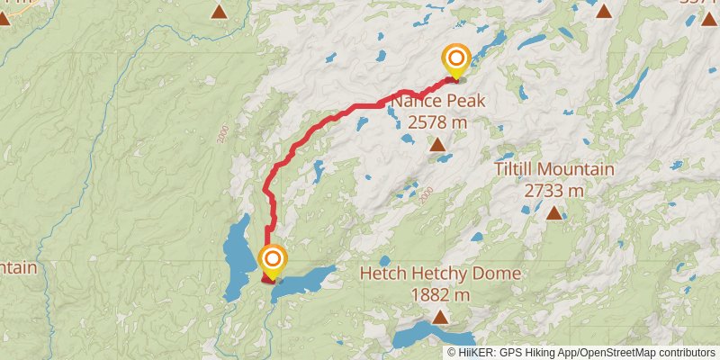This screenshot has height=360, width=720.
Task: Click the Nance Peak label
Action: click(437, 102)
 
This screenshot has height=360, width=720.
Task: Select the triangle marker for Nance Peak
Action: click(437, 144)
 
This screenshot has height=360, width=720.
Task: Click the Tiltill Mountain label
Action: click(553, 170)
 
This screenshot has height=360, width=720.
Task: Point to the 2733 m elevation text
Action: click(553, 190)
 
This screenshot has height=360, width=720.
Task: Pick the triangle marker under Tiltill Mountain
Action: click(553, 213)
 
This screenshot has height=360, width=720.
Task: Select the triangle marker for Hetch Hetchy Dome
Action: click(439, 316)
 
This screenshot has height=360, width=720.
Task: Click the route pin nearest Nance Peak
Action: click(455, 60)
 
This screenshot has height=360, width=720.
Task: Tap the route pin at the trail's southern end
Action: click(272, 261)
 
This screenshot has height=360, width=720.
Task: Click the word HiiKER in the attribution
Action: click(478, 352)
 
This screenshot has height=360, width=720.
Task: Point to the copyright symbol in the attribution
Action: click(452, 352)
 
